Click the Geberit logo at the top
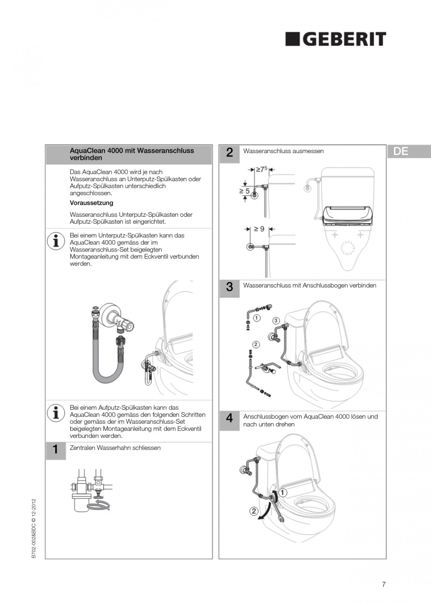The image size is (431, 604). tap(336, 39)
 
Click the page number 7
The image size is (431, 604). tap(384, 584)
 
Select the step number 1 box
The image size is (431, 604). tap(55, 450)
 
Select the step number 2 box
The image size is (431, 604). tap(229, 152)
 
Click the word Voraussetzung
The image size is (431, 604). tap(91, 203)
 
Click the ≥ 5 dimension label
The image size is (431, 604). tap(245, 191)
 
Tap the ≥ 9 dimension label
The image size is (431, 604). tap(259, 229)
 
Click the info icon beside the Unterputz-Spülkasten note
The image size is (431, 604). tap(56, 240)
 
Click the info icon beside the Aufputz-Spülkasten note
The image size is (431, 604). tap(56, 412)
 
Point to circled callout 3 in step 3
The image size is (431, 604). tap(276, 320)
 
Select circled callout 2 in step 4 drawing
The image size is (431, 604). tap(253, 511)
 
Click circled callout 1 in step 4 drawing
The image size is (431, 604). tap(283, 493)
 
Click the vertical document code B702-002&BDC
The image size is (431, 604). tap(34, 529)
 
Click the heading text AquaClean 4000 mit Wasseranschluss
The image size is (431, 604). tap(132, 151)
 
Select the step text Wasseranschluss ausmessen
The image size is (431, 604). tap(283, 151)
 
